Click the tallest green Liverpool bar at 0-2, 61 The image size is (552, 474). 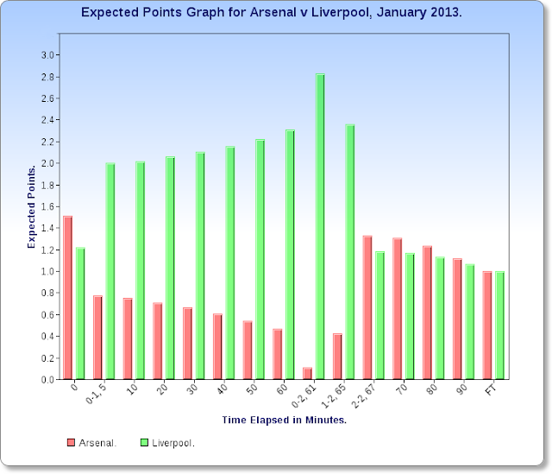click(x=320, y=226)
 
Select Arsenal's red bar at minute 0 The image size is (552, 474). click(x=67, y=298)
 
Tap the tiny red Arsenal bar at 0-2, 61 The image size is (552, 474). click(x=307, y=373)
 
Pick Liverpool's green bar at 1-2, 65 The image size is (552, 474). click(x=350, y=251)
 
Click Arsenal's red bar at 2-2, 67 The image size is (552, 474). click(x=367, y=307)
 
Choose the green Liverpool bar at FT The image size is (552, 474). click(x=499, y=325)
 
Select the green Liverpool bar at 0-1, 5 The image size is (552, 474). click(x=110, y=271)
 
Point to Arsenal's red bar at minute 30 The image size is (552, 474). click(x=188, y=344)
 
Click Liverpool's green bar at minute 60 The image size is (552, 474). click(x=290, y=255)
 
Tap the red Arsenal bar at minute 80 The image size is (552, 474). click(x=428, y=313)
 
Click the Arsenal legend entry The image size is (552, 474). click(x=91, y=443)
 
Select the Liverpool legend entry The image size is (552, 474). click(x=167, y=443)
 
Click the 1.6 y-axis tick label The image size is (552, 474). click(x=47, y=206)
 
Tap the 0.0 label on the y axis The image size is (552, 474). click(x=47, y=380)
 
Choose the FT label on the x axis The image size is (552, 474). click(x=491, y=389)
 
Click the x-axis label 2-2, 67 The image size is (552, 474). click(x=364, y=395)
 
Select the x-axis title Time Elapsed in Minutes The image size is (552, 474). click(x=284, y=420)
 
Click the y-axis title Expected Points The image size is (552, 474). click(x=31, y=206)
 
